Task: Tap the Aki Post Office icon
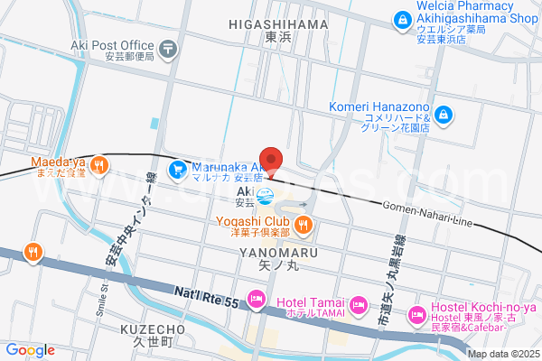pos(168,47)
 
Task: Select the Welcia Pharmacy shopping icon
pos(399,18)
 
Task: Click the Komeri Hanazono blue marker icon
pos(444,115)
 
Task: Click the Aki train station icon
pos(264,195)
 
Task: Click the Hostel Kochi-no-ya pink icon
pos(416,315)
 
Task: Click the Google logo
pos(31,350)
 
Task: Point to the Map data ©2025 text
pos(502,353)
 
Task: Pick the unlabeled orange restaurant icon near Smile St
pos(33,252)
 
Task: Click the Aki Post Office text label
pos(118,45)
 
